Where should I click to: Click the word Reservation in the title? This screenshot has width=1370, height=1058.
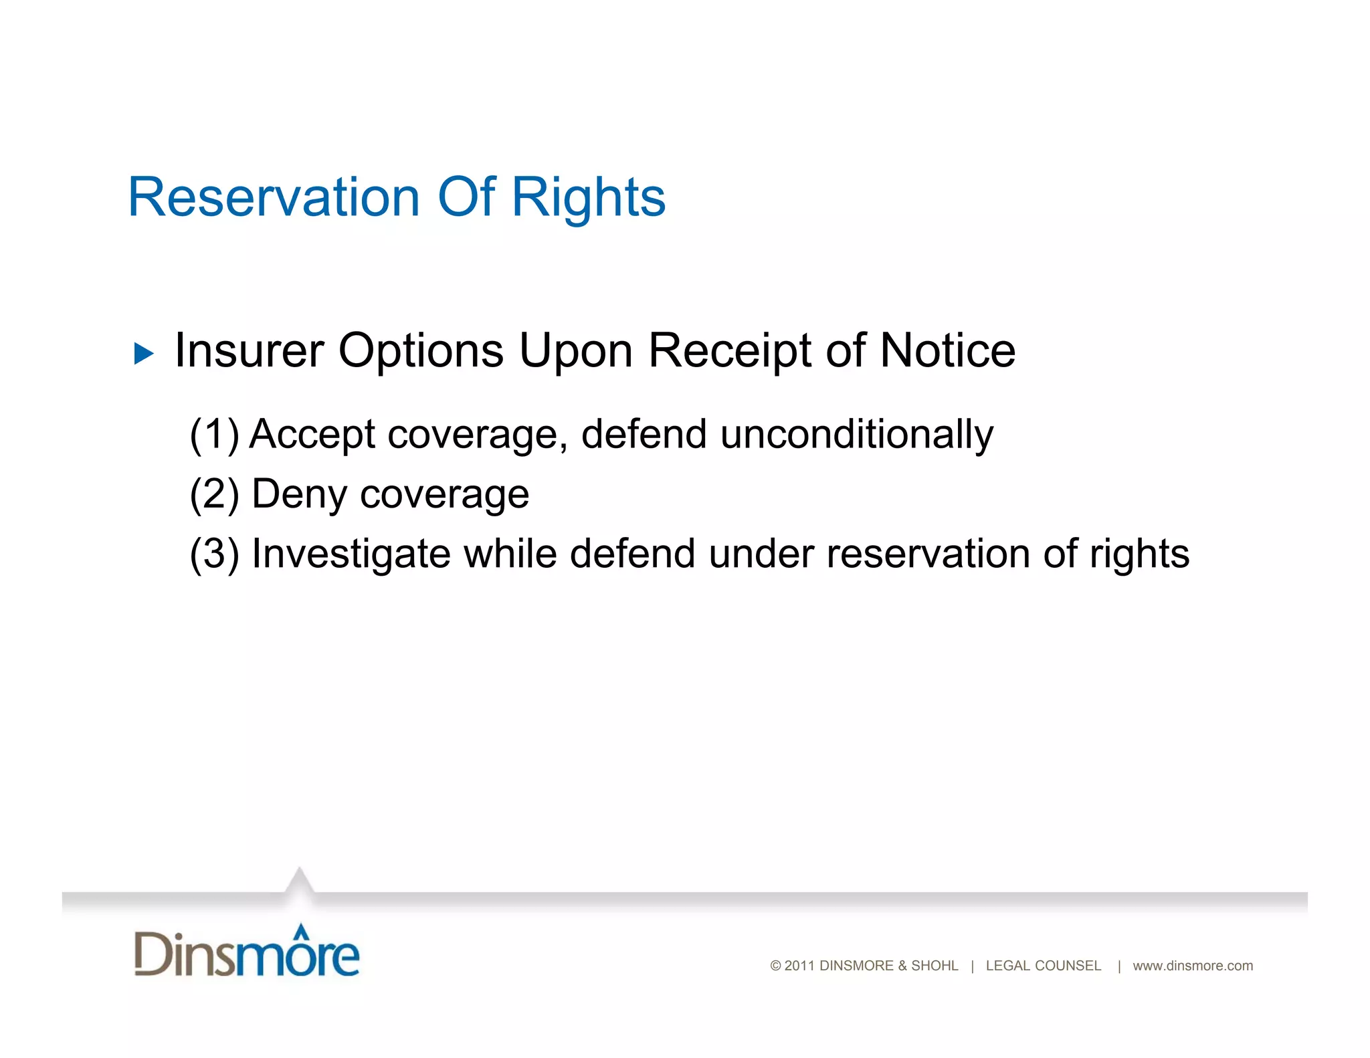273,197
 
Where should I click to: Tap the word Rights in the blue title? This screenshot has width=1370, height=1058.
588,199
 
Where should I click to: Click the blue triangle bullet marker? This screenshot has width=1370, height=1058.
143,353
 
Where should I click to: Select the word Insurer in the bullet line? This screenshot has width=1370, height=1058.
249,350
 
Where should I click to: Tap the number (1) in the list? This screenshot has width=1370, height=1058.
214,435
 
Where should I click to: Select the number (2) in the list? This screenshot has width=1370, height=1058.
214,494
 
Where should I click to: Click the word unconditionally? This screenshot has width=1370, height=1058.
856,435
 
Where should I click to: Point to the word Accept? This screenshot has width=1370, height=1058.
312,435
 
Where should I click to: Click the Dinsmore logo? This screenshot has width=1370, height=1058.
246,952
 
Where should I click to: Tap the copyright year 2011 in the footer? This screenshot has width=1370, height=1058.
799,966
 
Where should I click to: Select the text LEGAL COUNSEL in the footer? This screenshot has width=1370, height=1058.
1043,966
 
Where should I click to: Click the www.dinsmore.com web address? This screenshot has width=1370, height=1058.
1192,966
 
